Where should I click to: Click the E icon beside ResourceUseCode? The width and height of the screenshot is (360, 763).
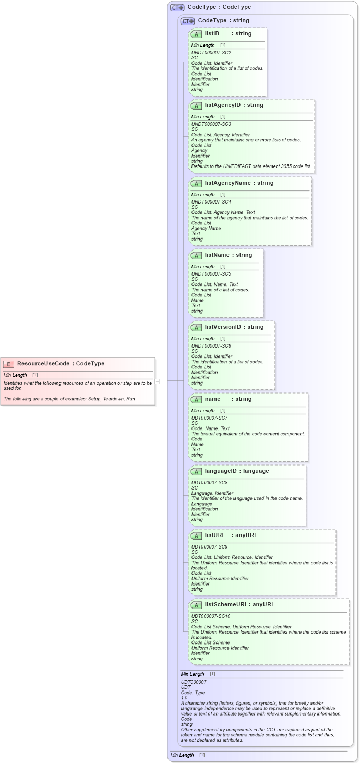point(8,364)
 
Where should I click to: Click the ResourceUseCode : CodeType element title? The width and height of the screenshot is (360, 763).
point(61,364)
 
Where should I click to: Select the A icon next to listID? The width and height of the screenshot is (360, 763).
point(196,34)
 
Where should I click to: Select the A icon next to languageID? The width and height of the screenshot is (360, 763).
point(196,471)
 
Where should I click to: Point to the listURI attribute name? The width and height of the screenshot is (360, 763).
point(214,535)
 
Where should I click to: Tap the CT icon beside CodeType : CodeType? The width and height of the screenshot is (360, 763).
point(177,7)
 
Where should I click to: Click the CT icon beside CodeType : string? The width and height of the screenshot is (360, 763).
point(188,21)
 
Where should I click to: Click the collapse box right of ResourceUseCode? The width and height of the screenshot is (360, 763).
point(157,381)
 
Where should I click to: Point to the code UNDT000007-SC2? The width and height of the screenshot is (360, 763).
point(211,53)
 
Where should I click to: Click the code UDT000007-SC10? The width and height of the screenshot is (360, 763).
point(210,616)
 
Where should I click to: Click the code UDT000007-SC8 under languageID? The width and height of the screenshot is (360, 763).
point(209,483)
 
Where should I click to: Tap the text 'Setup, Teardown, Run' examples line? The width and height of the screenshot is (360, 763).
point(69,399)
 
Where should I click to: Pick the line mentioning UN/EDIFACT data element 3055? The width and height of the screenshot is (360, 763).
point(251,166)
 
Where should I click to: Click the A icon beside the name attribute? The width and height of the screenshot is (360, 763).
point(196,399)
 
